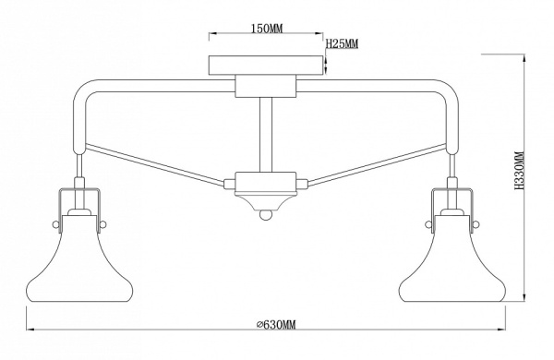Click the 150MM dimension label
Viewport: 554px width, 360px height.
tap(267, 29)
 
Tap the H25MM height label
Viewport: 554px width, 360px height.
tap(342, 43)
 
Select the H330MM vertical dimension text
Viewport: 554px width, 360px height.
tap(519, 170)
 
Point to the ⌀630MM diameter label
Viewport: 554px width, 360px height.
tap(276, 324)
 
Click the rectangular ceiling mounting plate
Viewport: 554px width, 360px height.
tap(266, 65)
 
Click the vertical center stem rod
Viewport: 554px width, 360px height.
tap(266, 135)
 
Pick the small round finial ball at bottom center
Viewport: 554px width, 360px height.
tap(266, 214)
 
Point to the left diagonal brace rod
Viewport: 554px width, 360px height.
tap(154, 164)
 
